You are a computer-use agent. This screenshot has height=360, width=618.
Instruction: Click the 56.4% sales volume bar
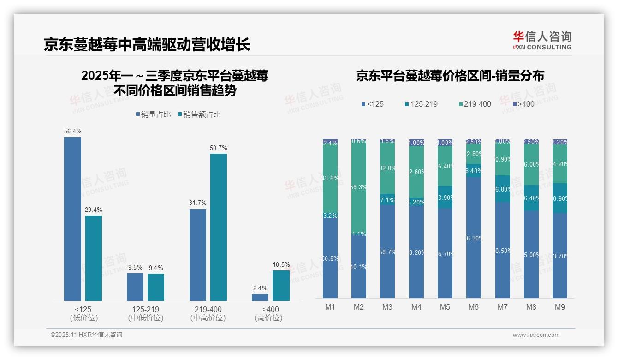click(x=72, y=219)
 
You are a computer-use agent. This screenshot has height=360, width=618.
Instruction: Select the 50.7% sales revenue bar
click(x=219, y=227)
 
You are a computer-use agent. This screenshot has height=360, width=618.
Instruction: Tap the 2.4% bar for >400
click(x=260, y=297)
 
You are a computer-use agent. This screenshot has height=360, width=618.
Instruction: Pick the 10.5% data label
click(x=281, y=265)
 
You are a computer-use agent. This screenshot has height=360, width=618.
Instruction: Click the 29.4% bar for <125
click(x=94, y=258)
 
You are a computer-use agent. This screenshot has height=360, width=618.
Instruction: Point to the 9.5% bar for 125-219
click(x=135, y=287)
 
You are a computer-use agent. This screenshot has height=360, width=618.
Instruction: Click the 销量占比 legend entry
click(x=154, y=114)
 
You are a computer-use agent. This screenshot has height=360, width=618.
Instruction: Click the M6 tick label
click(x=474, y=307)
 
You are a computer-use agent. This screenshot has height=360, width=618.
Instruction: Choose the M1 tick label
click(x=330, y=307)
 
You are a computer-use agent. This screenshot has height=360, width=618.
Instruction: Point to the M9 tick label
click(x=559, y=307)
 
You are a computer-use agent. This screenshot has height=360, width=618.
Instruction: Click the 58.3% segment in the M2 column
click(x=359, y=187)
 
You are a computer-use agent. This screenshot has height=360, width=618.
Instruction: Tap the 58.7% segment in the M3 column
click(x=387, y=252)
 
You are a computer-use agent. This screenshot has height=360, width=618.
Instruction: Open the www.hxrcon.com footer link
click(x=536, y=335)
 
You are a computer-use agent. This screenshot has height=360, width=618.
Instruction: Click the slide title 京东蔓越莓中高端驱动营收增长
click(x=147, y=45)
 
